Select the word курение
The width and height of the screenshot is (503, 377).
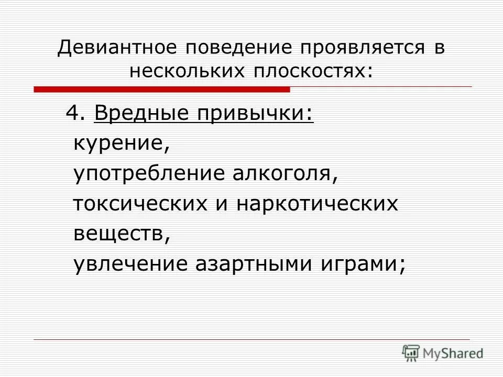tap(121, 143)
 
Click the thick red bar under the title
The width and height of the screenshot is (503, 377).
tap(162, 90)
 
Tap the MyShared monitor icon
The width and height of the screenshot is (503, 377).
tap(411, 352)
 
